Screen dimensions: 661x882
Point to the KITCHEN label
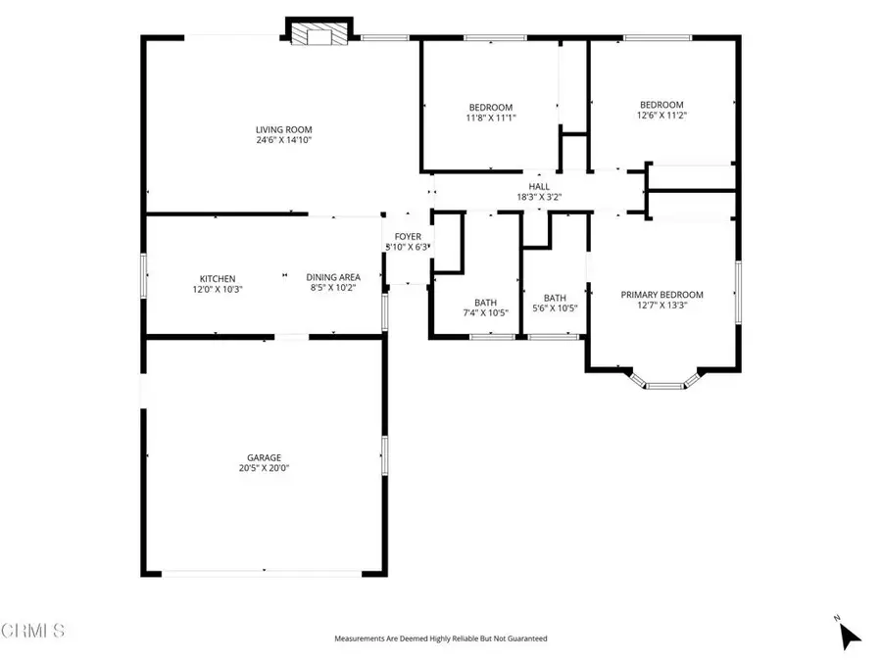click(x=218, y=278)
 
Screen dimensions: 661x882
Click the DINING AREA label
click(x=333, y=277)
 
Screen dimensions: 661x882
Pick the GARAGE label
click(x=264, y=457)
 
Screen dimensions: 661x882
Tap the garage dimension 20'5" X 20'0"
click(x=264, y=468)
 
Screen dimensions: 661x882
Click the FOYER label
click(x=408, y=237)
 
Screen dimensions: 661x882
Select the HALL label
click(x=539, y=186)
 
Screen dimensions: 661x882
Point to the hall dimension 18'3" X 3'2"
click(x=539, y=197)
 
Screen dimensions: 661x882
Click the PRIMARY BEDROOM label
click(x=661, y=295)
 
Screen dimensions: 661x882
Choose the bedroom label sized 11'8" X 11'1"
click(x=490, y=108)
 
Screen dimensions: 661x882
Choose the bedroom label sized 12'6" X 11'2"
click(x=661, y=105)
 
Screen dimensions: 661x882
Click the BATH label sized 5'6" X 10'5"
click(x=555, y=299)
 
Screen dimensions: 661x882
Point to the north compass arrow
click(x=849, y=635)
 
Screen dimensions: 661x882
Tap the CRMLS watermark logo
click(x=33, y=629)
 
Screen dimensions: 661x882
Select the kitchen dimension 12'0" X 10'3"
click(x=218, y=289)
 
